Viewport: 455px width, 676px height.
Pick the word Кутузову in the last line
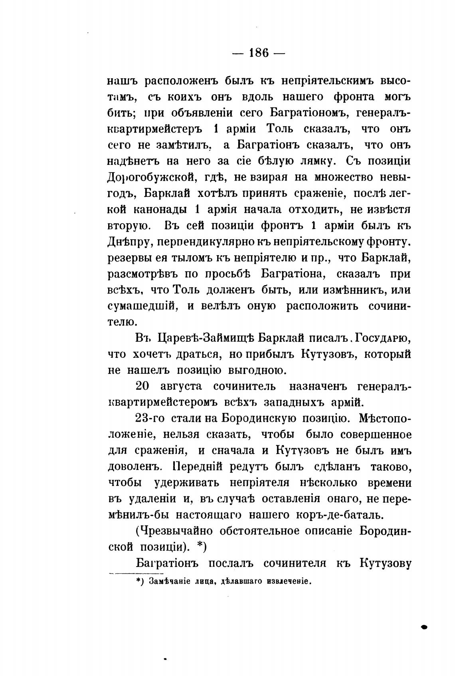(x=386, y=563)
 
